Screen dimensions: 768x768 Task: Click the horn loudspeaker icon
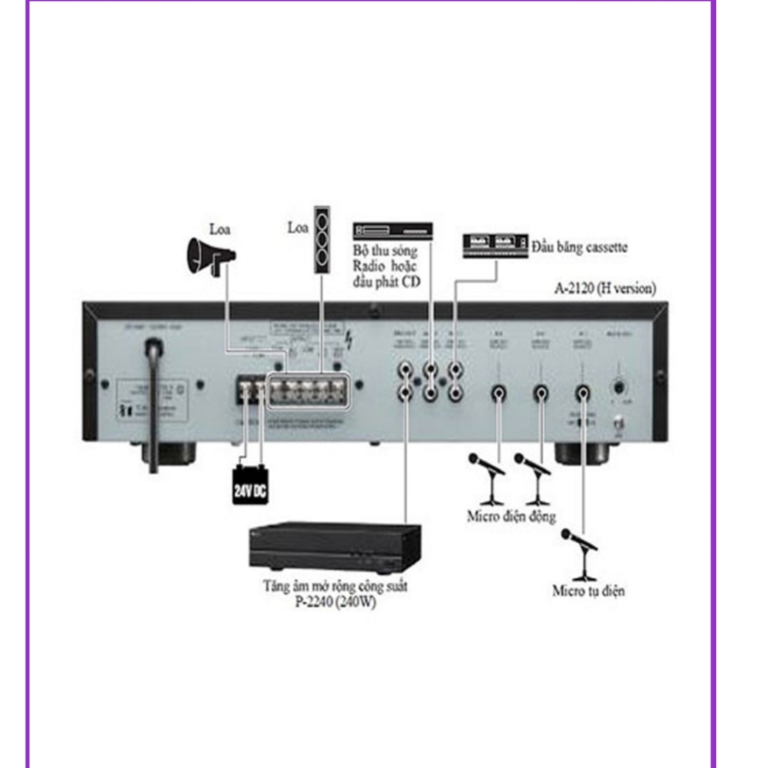coord(211,257)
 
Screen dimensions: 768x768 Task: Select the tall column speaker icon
coord(323,239)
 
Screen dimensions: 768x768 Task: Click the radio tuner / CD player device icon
coord(392,228)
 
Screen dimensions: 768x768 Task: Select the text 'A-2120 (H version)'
coord(605,289)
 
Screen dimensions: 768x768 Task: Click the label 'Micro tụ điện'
coord(589,591)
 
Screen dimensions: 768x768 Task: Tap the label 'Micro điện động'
coord(511,516)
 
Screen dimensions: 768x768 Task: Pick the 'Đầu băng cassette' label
coord(580,246)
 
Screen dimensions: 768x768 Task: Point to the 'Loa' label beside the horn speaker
coord(219,229)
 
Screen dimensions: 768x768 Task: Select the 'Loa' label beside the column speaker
coord(298,228)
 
